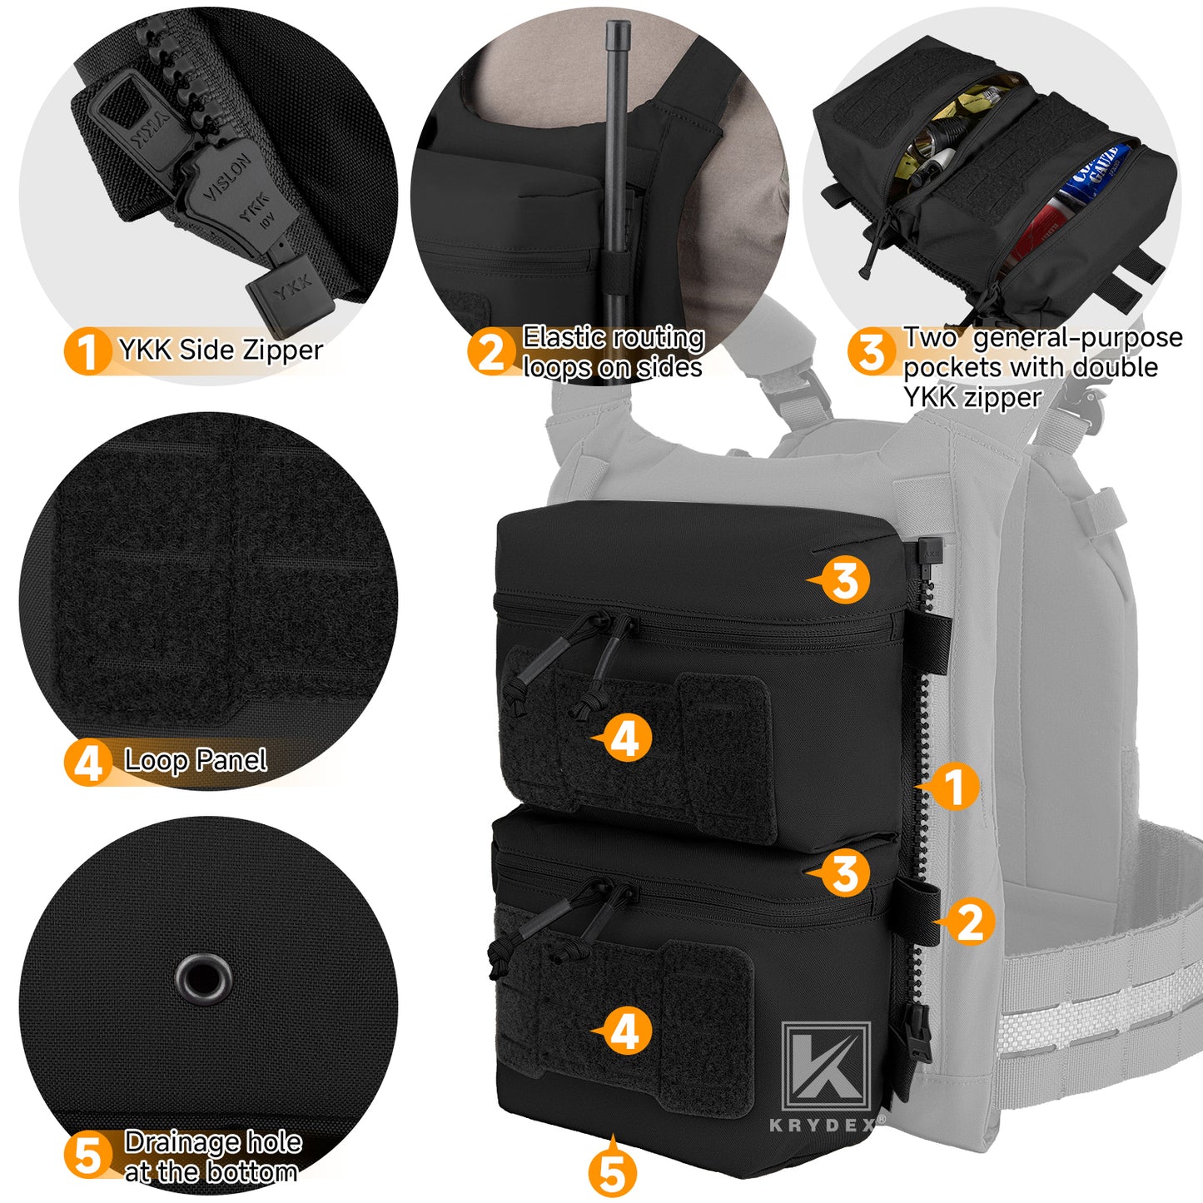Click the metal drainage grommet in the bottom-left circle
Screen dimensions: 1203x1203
202,977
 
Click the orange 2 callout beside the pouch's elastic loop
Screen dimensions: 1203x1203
969,922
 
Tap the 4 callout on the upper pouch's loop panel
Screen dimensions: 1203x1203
625,738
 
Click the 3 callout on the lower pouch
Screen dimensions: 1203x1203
844,873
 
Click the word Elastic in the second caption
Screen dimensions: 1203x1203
564,337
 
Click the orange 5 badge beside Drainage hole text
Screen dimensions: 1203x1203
87,1156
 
